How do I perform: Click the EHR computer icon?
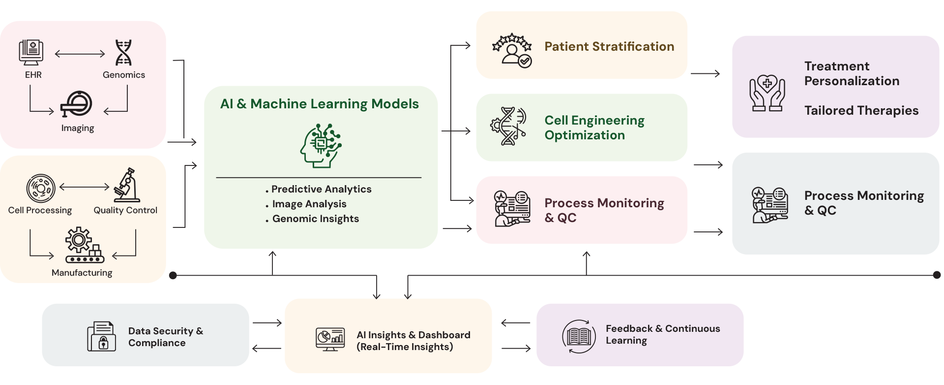(31, 53)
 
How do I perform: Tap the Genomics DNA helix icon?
(123, 53)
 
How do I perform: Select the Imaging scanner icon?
(76, 104)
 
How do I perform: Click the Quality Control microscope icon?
(127, 185)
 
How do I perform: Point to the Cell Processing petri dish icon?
(41, 188)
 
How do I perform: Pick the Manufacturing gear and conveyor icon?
(84, 245)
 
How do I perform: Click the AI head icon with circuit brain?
(321, 146)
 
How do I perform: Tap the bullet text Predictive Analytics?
(321, 189)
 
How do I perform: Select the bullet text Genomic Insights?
(315, 219)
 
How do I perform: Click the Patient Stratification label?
(609, 46)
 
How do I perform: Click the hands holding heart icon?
(767, 93)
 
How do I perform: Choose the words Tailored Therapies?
(861, 110)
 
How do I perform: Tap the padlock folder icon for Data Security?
(102, 336)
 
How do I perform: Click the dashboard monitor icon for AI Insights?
(330, 339)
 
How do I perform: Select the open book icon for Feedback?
(579, 337)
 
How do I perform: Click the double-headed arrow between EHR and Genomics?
(80, 54)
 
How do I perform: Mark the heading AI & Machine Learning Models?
(320, 104)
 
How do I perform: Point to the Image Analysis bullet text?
(309, 204)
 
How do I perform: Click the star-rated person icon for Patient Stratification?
(512, 50)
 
